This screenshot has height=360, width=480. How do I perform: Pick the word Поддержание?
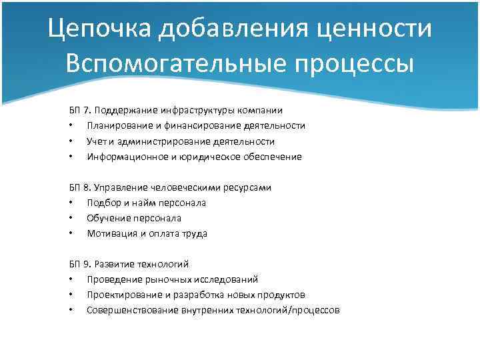pyautogui.click(x=123, y=110)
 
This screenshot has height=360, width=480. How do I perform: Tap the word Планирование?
pyautogui.click(x=117, y=125)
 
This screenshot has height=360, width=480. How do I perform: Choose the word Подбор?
pyautogui.click(x=102, y=203)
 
